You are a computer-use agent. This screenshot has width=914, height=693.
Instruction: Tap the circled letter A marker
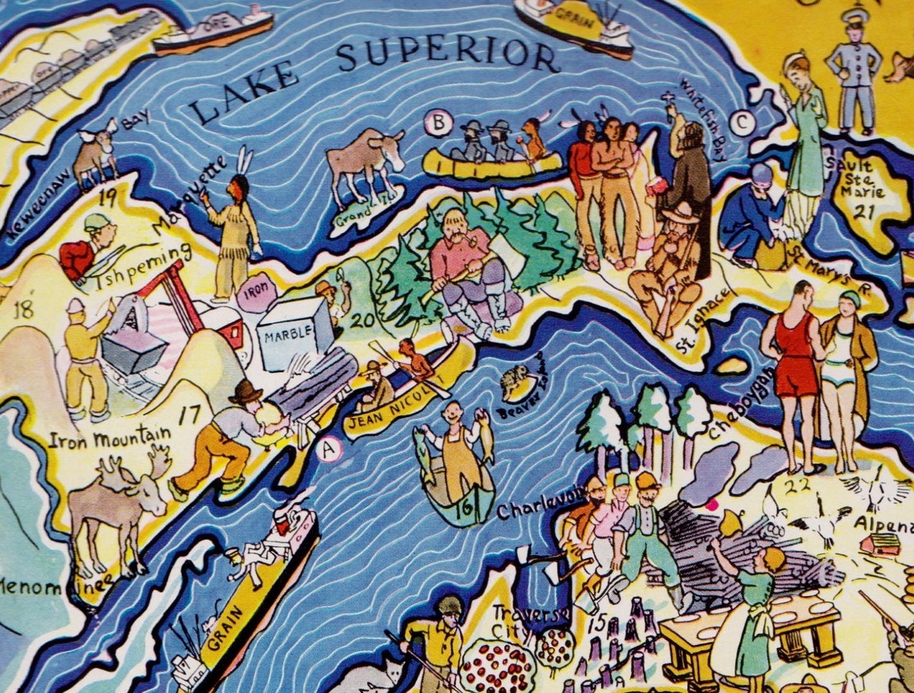coord(328,451)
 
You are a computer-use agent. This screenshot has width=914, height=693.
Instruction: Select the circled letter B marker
coord(438,124)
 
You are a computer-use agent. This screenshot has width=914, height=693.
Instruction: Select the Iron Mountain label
coord(109,438)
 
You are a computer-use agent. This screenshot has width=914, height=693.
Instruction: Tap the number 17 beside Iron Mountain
coord(190,415)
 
